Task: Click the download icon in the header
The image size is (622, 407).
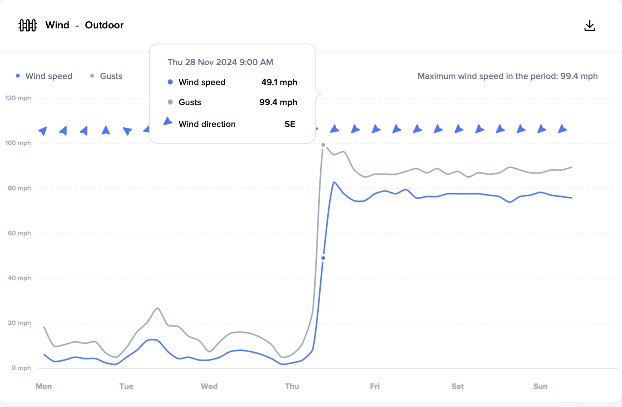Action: pos(590,26)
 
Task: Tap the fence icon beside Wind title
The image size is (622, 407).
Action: pos(27,25)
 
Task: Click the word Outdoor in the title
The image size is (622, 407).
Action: pos(104,25)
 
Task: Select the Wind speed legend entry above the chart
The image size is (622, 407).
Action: pos(48,76)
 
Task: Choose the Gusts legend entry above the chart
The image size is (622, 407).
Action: pos(111,76)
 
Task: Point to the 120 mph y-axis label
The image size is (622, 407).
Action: pos(18,98)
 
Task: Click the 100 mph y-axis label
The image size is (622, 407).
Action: pos(18,143)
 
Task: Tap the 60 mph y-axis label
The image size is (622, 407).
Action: pos(19,233)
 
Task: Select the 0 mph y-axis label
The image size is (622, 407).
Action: pos(21,368)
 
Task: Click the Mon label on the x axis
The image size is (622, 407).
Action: pos(44,386)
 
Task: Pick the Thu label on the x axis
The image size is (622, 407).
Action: pos(292,386)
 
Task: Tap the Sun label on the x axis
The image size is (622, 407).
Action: pos(540,386)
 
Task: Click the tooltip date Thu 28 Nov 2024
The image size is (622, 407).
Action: pos(220,62)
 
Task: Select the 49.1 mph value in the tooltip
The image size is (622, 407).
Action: pos(279,82)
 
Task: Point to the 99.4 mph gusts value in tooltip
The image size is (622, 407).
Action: pos(278,102)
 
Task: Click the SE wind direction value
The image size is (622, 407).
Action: pos(290,124)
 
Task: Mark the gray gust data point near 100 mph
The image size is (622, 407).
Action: pos(323,145)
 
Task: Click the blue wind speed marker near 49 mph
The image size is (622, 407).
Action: pos(323,258)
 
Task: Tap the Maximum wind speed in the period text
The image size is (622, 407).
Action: pos(507,76)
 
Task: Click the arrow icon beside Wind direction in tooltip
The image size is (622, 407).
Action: pos(168,121)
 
